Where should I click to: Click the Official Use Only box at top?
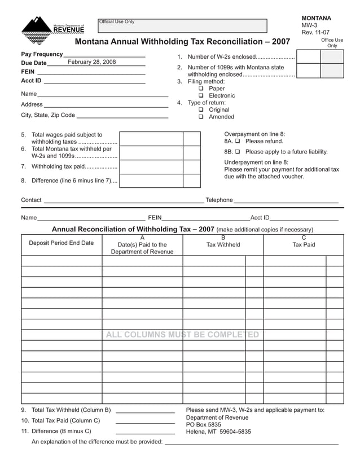(182, 26)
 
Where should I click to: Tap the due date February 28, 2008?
(91, 62)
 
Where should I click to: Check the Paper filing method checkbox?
(201, 89)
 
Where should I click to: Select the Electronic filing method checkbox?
(201, 96)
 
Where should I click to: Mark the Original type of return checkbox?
(201, 110)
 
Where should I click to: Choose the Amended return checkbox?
(201, 117)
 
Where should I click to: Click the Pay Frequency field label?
(42, 54)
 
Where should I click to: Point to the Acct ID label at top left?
(31, 81)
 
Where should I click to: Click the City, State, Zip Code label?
(48, 115)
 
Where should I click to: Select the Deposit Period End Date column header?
(62, 243)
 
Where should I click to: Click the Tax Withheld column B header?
(223, 244)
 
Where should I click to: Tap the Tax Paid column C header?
(304, 244)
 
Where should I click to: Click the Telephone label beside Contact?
(219, 200)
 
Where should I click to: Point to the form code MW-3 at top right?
(309, 26)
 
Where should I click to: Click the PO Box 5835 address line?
(204, 424)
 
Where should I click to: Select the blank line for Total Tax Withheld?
(145, 411)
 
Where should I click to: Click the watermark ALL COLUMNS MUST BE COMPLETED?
(182, 335)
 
